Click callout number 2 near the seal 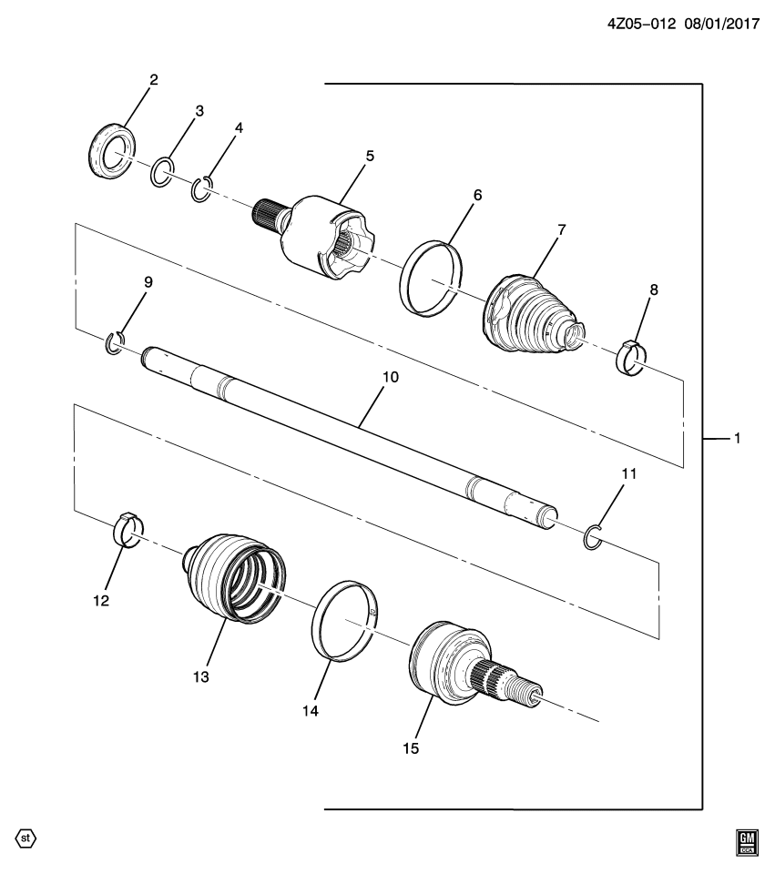(x=154, y=79)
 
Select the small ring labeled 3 (x=162, y=171)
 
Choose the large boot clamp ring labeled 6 (x=432, y=277)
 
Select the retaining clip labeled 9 (x=116, y=342)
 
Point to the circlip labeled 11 (x=592, y=538)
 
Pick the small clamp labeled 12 (x=130, y=530)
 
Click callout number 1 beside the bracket (x=738, y=439)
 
